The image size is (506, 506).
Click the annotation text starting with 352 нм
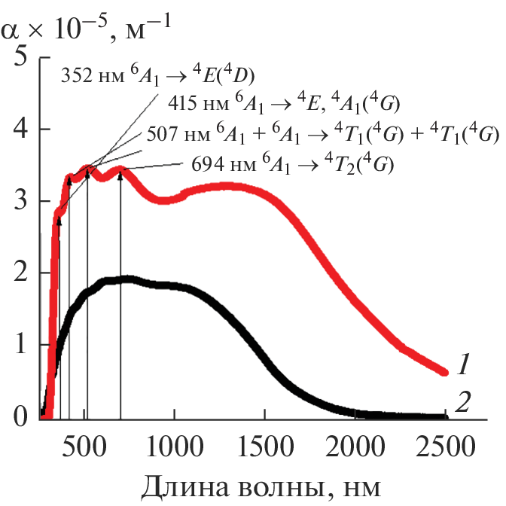(x=157, y=76)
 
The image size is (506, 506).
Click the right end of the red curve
(x=444, y=371)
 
